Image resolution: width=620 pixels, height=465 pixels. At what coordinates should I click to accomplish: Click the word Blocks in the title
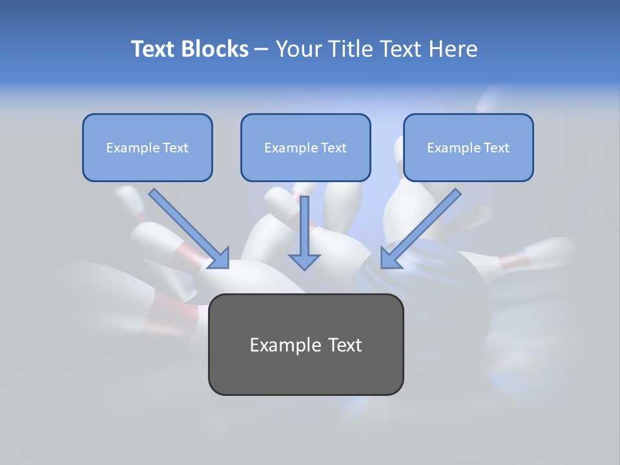click(215, 49)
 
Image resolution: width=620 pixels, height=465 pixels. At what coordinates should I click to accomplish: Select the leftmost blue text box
click(147, 147)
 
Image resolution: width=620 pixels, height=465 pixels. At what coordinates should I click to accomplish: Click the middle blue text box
click(305, 147)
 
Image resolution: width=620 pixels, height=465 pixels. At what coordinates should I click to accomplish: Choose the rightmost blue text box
click(468, 147)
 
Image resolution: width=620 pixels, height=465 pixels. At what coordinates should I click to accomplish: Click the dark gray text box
click(305, 344)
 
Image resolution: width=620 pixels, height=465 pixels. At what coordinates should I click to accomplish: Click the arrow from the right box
click(424, 225)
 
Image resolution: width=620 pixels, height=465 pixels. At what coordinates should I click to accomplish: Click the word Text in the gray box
click(342, 345)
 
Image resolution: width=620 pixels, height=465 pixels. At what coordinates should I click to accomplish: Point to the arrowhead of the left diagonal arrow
click(219, 258)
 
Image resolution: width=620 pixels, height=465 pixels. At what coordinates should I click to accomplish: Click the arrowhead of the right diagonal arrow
click(391, 258)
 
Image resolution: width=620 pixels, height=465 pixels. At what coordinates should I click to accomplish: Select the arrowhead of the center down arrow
click(304, 261)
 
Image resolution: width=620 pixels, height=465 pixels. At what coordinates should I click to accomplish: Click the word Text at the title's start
click(154, 49)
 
